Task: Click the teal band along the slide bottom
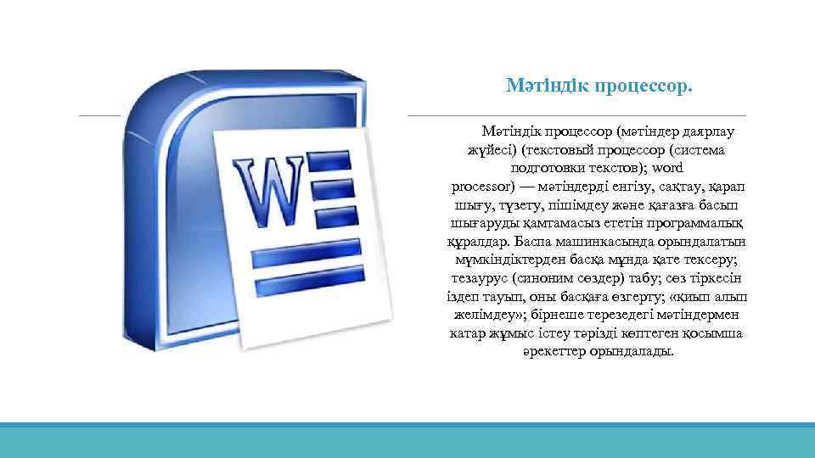(407, 440)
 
